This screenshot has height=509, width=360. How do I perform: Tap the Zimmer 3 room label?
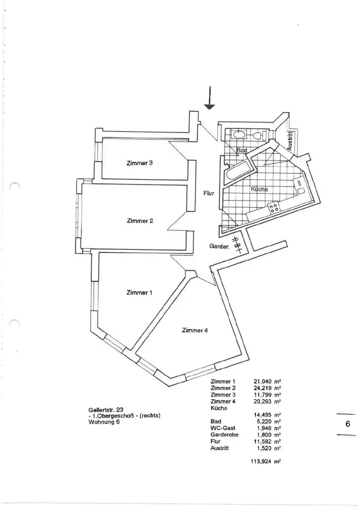(140, 163)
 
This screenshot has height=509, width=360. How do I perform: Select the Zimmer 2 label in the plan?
(140, 220)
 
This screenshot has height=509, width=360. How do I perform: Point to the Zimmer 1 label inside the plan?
(140, 293)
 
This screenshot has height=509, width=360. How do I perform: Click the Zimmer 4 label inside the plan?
(195, 330)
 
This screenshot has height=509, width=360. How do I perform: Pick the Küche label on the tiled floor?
(260, 189)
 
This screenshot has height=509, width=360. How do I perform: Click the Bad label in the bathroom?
(242, 151)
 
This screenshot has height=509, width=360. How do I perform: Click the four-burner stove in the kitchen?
(273, 208)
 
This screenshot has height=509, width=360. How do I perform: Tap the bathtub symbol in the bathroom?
(237, 172)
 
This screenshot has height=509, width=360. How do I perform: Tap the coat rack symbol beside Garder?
(237, 245)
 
